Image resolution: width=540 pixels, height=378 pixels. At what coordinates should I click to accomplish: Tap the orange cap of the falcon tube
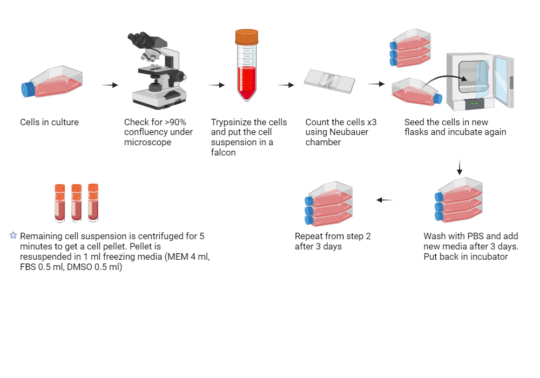(x=247, y=36)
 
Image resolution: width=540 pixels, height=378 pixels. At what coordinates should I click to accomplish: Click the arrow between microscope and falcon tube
(x=217, y=85)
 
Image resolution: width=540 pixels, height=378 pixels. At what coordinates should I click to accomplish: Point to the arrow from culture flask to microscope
(x=110, y=85)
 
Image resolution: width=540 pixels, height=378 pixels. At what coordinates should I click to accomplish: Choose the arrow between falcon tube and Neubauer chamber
(x=286, y=85)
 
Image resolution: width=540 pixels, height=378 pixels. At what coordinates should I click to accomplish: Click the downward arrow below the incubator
(x=460, y=167)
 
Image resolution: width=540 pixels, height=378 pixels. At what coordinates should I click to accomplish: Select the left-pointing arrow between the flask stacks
(x=384, y=200)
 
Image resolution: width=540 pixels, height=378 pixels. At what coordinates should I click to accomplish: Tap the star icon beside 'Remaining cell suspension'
(x=13, y=235)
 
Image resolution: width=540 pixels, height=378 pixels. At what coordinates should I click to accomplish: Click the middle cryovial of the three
(x=77, y=202)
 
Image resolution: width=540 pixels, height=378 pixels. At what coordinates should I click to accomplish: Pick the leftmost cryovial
(x=60, y=202)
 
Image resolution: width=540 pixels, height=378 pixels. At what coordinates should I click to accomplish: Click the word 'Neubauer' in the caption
(x=344, y=132)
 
